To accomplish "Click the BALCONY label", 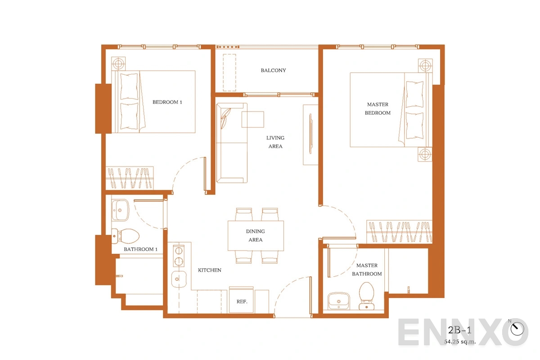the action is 273,70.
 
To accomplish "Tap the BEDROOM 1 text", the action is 167,102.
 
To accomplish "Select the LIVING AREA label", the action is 275,142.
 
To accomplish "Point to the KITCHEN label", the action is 210,270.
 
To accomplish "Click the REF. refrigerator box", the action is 241,301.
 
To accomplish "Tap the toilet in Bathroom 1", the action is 126,236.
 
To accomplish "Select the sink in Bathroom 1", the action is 120,210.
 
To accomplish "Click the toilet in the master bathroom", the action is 366,296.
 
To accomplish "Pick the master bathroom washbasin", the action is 339,301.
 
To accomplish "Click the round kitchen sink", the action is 179,279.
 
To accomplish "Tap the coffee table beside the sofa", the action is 253,119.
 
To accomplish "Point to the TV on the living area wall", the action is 310,134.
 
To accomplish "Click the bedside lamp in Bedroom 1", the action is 118,63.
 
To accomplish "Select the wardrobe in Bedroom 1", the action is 130,178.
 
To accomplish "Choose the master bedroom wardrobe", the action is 399,231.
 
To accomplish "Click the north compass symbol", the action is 517,328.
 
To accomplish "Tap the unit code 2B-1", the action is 459,330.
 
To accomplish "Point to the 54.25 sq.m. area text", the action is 460,342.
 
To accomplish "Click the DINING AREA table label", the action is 255,236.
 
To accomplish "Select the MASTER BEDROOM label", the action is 378,108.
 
